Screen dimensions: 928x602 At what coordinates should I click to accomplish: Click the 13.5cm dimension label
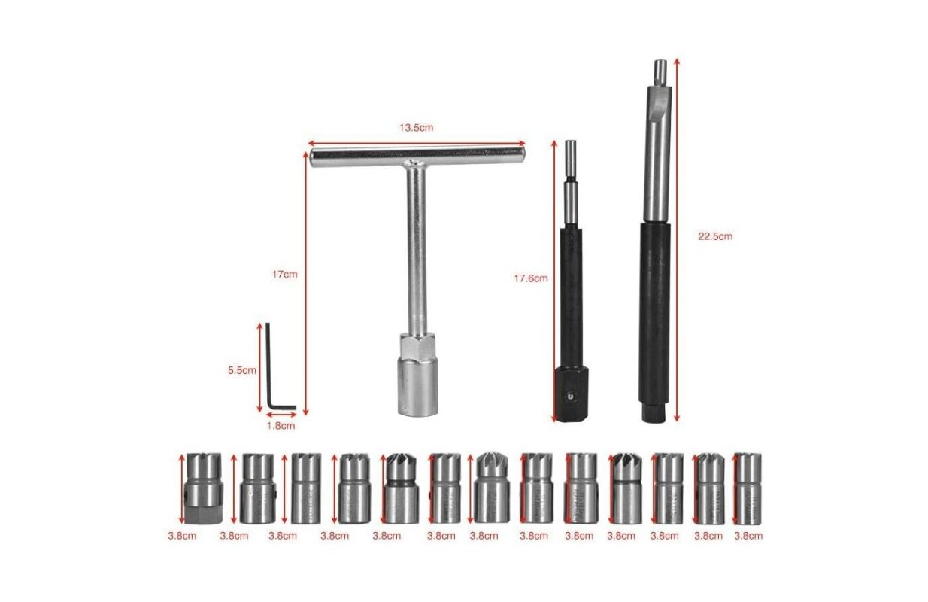(416, 128)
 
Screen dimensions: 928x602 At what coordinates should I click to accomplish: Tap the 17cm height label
(284, 275)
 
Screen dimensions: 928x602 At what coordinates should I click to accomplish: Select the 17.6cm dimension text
(531, 278)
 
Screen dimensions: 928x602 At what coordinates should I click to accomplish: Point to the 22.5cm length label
(715, 237)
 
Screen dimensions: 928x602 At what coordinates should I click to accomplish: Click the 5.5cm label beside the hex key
(242, 370)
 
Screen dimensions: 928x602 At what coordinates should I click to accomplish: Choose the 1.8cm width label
(281, 426)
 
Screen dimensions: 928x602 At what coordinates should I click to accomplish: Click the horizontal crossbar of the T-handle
(417, 157)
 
